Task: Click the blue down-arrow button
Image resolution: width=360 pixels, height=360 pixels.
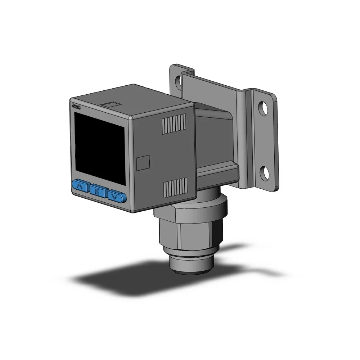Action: [116, 196]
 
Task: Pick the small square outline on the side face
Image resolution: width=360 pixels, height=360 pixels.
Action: [144, 162]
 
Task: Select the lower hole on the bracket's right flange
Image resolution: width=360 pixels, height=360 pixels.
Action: [265, 172]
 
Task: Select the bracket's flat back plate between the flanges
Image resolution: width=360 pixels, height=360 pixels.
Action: [216, 90]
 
